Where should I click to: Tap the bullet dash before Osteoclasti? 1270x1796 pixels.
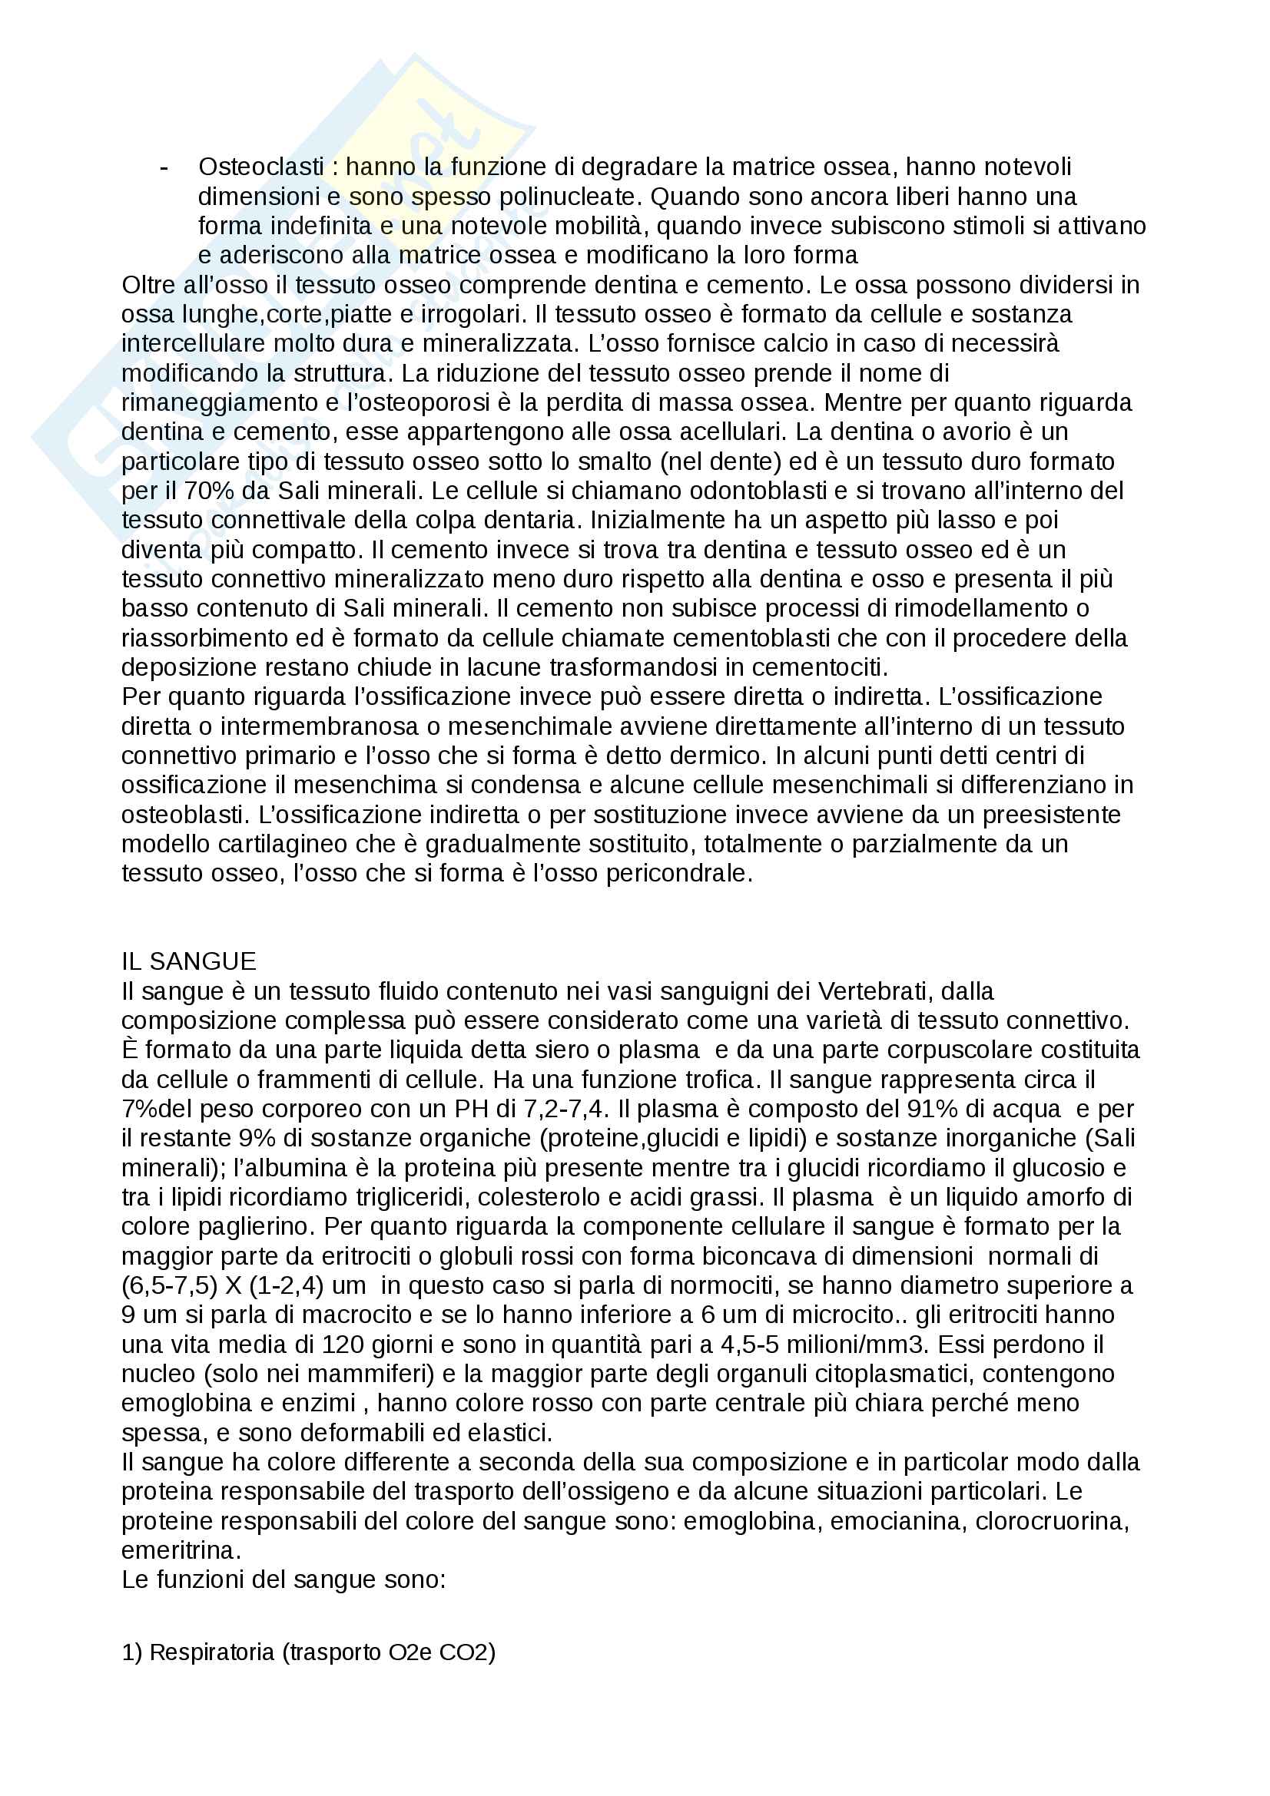click(164, 167)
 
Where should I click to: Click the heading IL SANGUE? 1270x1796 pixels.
click(188, 961)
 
